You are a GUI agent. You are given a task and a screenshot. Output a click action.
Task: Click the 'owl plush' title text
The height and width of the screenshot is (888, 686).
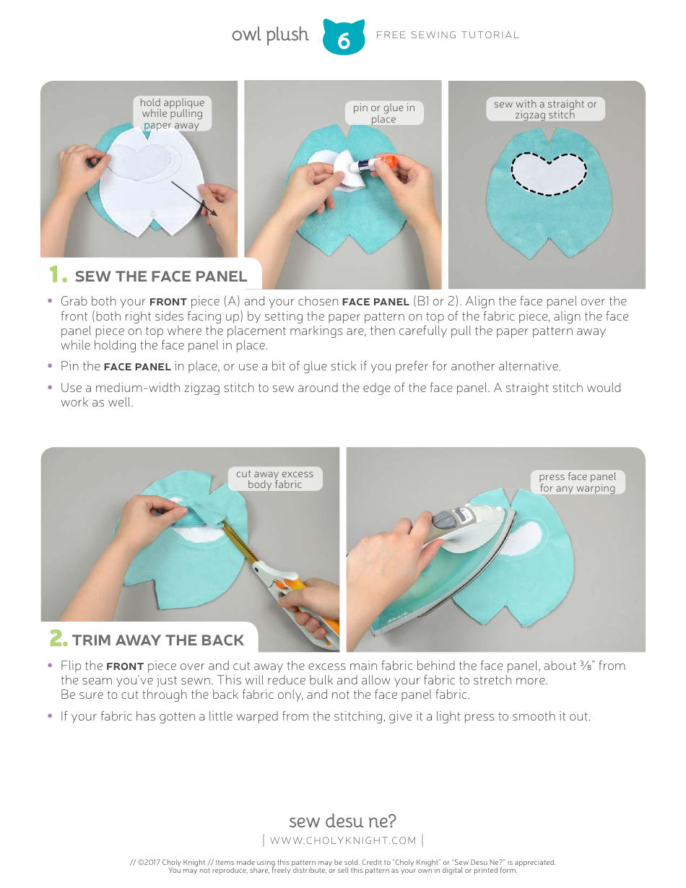tap(270, 35)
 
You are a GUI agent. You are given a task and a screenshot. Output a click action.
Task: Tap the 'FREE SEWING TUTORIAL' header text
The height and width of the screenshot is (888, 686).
tap(448, 35)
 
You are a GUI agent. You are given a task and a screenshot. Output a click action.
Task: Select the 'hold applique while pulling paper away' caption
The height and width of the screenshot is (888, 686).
tap(172, 113)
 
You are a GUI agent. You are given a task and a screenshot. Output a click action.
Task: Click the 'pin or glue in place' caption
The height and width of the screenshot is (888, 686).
tap(383, 113)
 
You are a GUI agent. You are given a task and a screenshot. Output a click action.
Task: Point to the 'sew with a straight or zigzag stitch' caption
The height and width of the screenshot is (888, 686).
tap(545, 109)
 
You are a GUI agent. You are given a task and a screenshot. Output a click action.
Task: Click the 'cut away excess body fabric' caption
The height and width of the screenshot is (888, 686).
tap(274, 479)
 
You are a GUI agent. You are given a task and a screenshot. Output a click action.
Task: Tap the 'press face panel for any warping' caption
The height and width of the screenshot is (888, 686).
tap(577, 482)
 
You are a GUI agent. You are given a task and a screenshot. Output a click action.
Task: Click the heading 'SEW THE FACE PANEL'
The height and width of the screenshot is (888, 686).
tap(160, 277)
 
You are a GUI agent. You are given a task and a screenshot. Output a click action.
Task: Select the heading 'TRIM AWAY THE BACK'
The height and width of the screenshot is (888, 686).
tap(158, 640)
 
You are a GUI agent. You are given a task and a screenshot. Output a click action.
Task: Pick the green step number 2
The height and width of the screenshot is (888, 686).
tap(58, 640)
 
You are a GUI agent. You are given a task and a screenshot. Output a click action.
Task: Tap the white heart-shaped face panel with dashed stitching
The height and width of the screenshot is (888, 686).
tap(549, 174)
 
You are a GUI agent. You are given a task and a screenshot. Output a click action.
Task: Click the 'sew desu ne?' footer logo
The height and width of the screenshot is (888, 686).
tap(342, 821)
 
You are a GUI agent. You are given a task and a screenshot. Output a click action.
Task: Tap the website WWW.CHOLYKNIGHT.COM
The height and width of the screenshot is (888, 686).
tap(343, 840)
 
